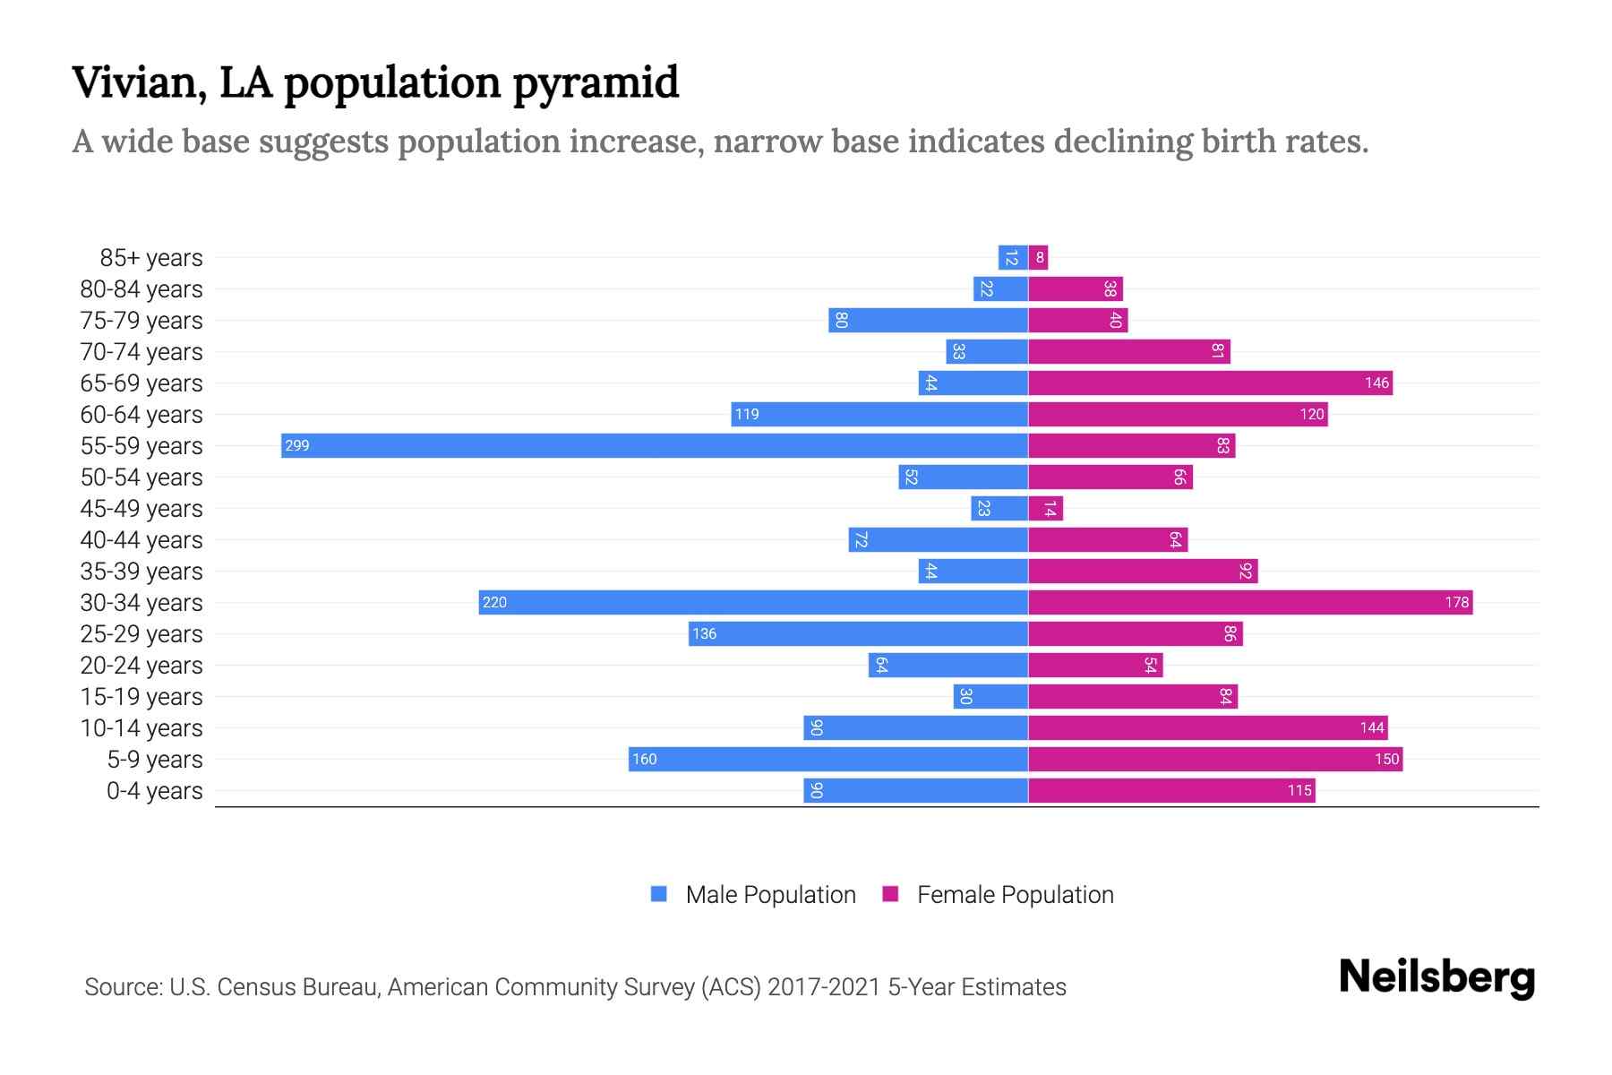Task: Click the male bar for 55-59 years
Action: click(654, 445)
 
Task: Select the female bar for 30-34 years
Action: click(1250, 602)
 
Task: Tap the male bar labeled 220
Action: click(752, 602)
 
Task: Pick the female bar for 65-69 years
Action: click(1210, 383)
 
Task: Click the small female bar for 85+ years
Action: click(1038, 257)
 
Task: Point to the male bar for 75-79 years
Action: click(928, 320)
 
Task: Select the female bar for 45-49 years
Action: click(1045, 508)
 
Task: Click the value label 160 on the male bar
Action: click(644, 759)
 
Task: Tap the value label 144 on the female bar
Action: click(1371, 727)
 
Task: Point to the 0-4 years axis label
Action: click(154, 791)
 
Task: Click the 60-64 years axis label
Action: click(141, 415)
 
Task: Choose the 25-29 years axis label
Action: click(141, 634)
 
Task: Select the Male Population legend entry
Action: click(770, 894)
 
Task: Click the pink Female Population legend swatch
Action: click(890, 894)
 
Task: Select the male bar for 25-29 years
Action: click(858, 633)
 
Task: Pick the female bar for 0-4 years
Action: click(1171, 790)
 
